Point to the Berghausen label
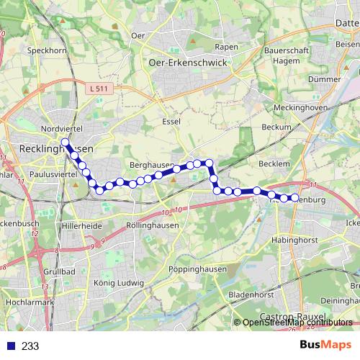point(149,166)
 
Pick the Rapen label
point(226,47)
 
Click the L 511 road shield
point(103,89)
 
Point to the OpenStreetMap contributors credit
point(297,323)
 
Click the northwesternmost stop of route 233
point(65,142)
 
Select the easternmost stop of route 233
point(294,197)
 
